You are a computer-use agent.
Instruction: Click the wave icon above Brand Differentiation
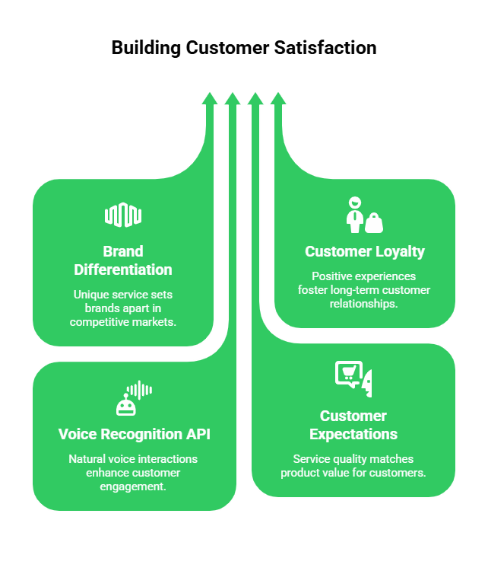coord(123,215)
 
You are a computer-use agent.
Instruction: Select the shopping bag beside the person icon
coord(374,222)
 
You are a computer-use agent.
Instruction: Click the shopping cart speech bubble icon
coord(347,374)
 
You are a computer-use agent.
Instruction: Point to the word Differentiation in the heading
coord(123,270)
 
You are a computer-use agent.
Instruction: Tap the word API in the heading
coord(197,435)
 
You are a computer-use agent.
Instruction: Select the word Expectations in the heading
coord(353,434)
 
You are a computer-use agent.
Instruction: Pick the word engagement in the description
coord(133,486)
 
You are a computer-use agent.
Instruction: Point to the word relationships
coord(364,304)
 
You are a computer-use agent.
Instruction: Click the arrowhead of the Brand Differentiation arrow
coord(210,98)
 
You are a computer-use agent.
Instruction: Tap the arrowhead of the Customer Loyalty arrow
coord(278,98)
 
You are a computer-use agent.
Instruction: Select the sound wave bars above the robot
coord(139,390)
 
